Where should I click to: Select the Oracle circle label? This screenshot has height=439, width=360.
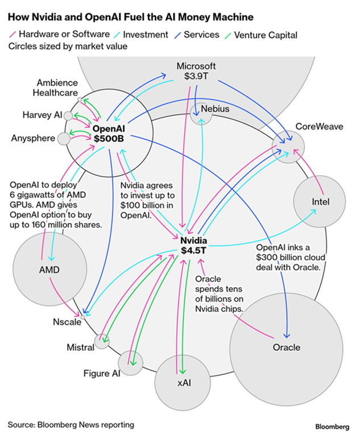click(x=286, y=347)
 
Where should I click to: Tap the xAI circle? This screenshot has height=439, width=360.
click(x=183, y=383)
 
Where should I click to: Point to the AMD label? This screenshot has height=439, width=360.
click(x=49, y=269)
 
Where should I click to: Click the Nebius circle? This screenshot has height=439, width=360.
click(x=201, y=115)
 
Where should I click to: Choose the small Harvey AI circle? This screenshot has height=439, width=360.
click(x=68, y=115)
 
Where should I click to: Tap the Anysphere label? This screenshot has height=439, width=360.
click(x=32, y=138)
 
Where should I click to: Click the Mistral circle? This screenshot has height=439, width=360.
click(x=102, y=341)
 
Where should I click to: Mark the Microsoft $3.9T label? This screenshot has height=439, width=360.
click(x=196, y=71)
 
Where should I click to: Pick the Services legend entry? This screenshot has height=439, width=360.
click(x=201, y=34)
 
